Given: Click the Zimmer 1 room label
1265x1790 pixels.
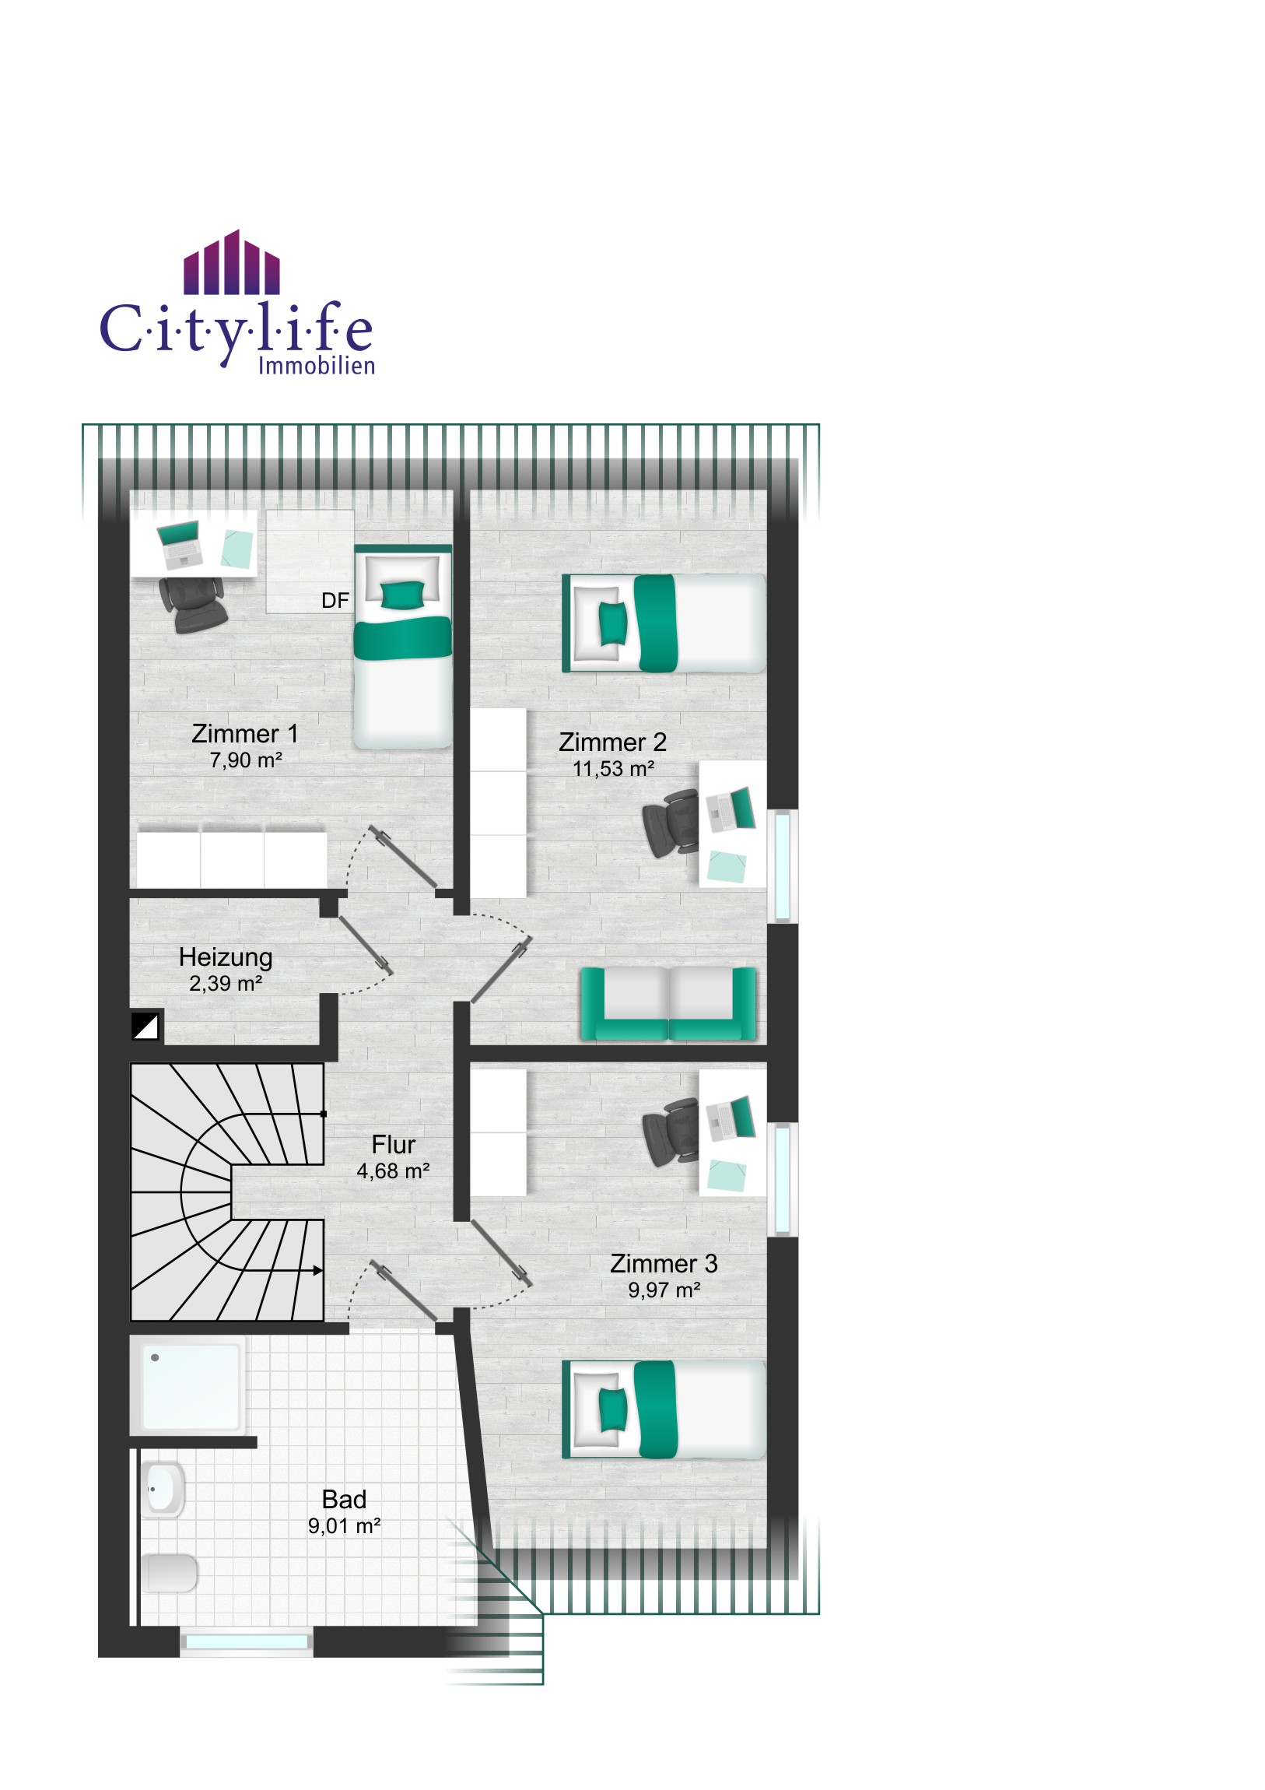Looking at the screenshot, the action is pos(245,734).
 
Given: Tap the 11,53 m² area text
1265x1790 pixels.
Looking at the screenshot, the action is pos(613,769).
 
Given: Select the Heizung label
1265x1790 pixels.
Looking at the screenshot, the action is pos(226,956).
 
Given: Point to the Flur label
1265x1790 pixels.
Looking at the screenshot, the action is pos(394,1145).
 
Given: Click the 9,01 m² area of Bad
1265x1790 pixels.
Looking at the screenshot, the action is pos(344,1525).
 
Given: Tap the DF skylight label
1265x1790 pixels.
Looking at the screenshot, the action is pos(335,600).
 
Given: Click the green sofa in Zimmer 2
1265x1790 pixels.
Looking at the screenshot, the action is pos(668,1003).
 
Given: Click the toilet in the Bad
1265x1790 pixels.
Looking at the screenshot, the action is pos(169,1573).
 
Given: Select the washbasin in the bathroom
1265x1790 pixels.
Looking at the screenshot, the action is pos(162,1489).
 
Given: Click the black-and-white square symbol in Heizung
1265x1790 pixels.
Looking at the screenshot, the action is pos(145,1027).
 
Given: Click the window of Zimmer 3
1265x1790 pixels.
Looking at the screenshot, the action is pos(783,1180).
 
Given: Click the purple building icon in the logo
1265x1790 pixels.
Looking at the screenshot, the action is pos(232,262).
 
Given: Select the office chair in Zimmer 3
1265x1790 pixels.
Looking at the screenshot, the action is pos(671,1132).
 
